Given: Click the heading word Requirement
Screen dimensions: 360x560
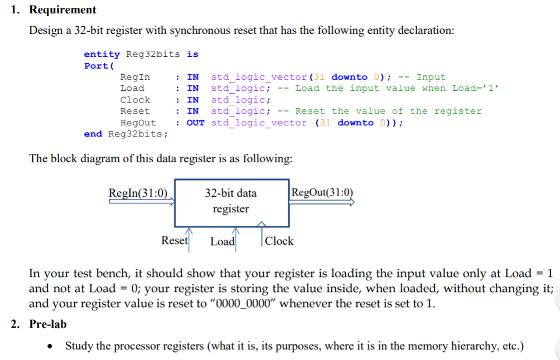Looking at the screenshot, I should click(x=62, y=9).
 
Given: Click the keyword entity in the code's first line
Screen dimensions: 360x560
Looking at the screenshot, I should click(x=102, y=54).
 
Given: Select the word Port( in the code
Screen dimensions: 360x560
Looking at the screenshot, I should click(x=96, y=66).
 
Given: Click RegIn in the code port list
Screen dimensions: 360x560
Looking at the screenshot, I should click(x=135, y=77).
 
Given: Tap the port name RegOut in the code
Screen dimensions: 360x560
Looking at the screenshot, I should click(x=138, y=123).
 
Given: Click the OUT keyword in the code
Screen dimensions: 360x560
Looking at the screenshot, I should click(x=195, y=123).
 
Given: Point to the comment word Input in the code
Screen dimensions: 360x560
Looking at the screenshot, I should click(x=431, y=77).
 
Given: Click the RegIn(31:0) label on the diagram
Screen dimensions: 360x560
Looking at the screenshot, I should click(x=138, y=193).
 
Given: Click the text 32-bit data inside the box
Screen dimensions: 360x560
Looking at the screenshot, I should click(x=231, y=193).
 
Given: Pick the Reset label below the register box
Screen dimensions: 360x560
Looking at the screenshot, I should click(x=175, y=241).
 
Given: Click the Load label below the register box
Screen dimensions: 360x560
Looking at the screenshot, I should click(x=222, y=241).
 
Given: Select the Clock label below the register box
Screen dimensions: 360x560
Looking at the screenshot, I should click(x=279, y=241).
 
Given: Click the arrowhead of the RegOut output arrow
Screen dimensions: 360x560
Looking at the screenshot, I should click(x=351, y=203).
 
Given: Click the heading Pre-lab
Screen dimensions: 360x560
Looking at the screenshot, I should click(x=47, y=324).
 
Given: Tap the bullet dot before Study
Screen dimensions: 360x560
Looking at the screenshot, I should click(x=51, y=347).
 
